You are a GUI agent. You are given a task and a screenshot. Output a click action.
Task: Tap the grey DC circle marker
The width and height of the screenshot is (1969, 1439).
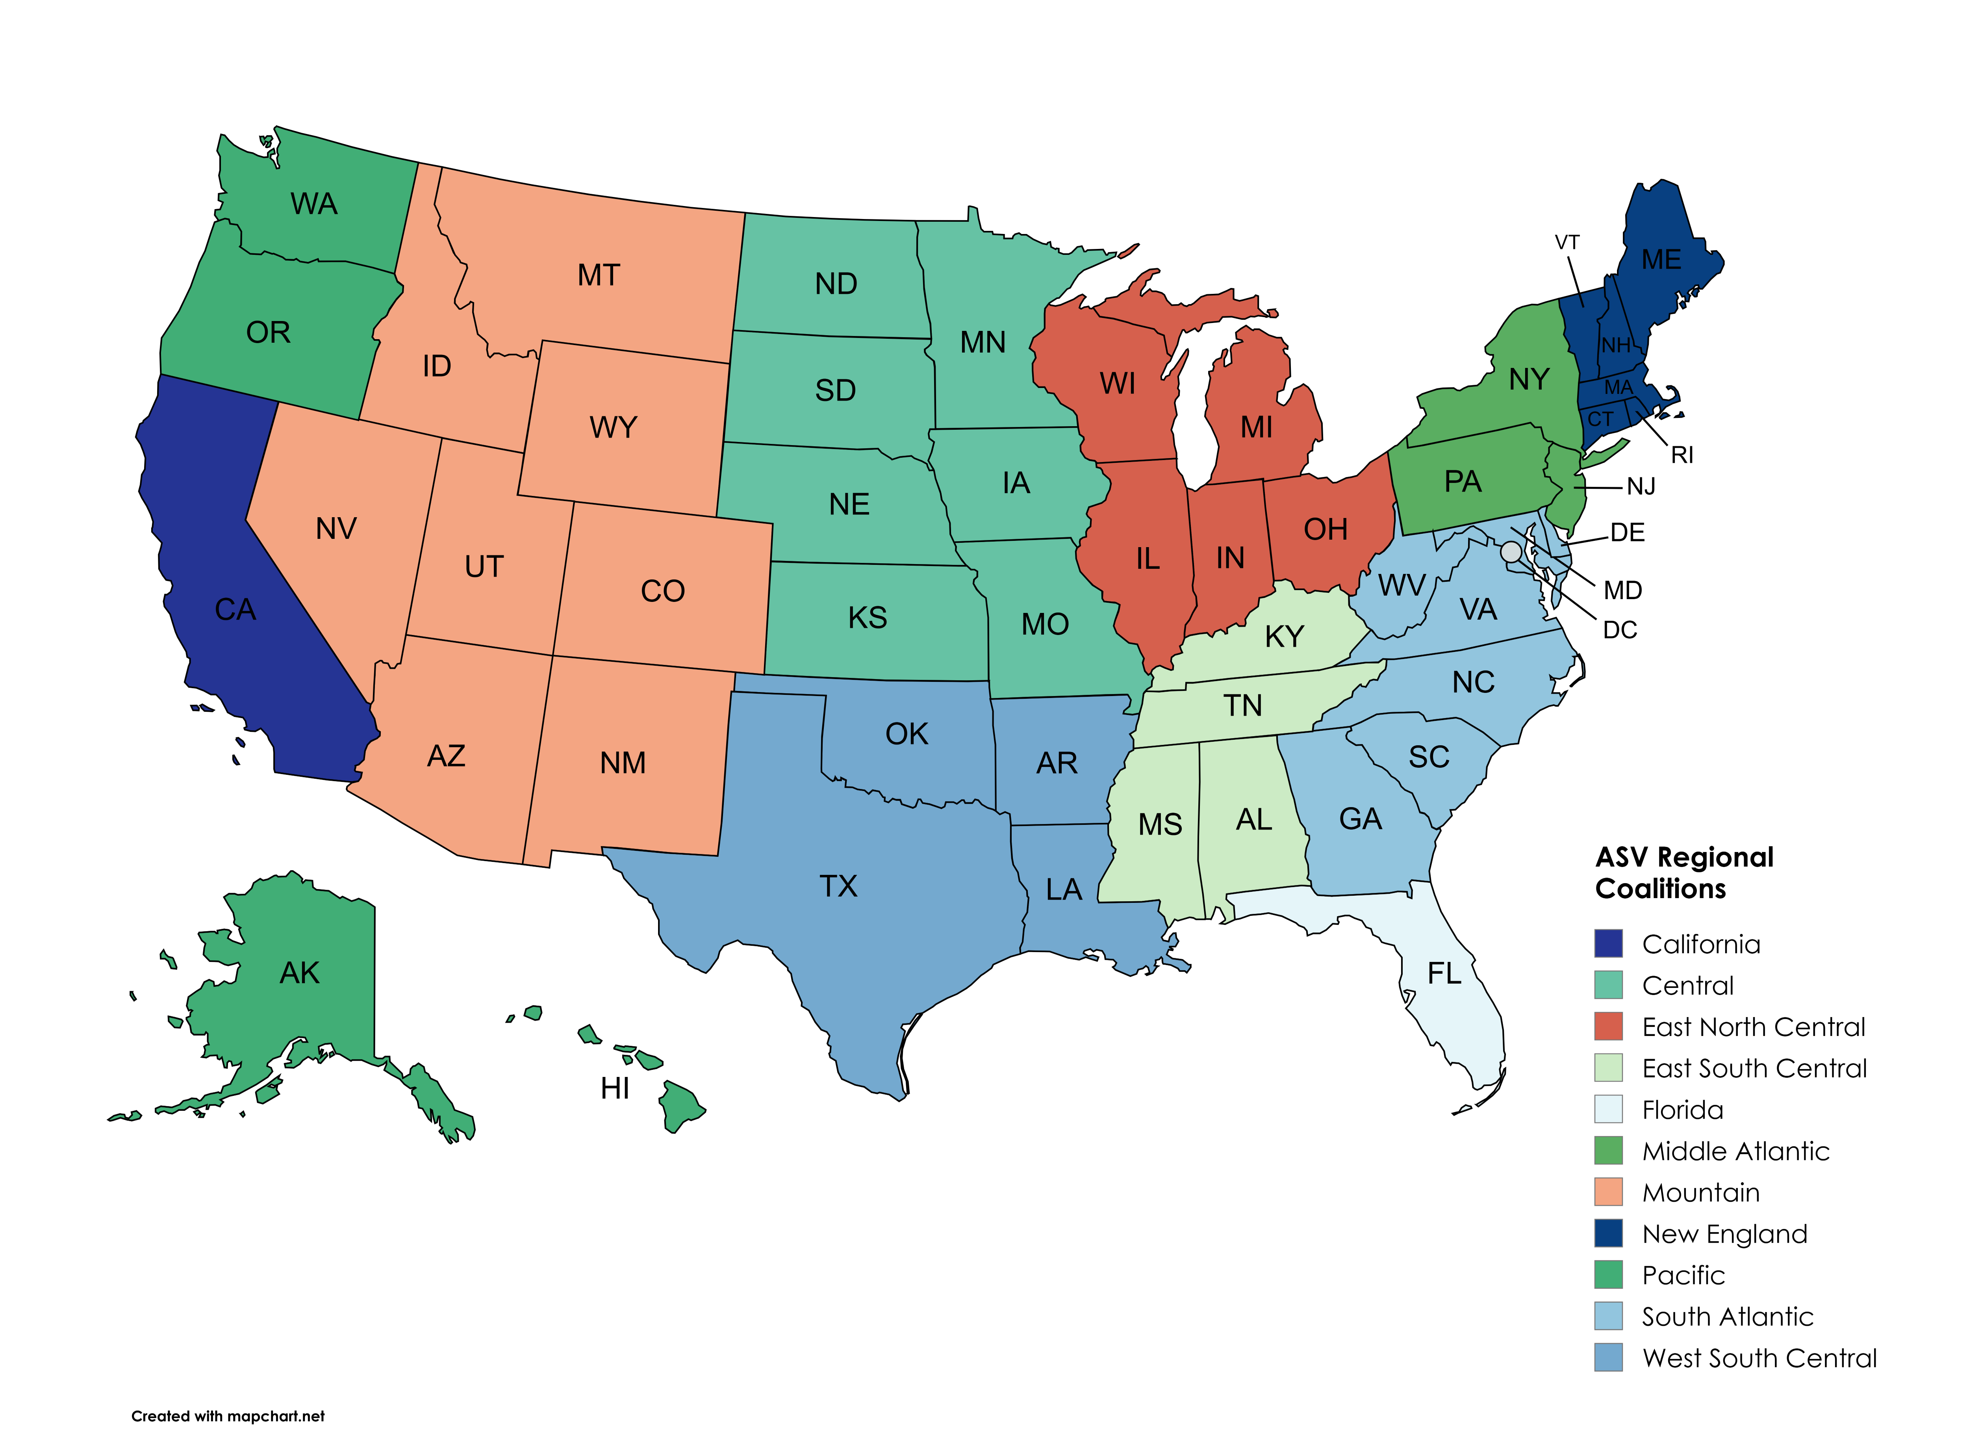click(1511, 551)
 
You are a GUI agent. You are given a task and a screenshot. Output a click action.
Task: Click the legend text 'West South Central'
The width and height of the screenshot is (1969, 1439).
click(1759, 1358)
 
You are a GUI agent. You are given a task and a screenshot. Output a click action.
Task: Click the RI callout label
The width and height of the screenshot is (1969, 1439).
click(1682, 455)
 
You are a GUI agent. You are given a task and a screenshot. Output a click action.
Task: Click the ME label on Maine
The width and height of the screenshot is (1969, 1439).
click(1661, 260)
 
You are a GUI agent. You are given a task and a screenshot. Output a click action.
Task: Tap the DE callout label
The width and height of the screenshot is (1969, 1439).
click(1627, 532)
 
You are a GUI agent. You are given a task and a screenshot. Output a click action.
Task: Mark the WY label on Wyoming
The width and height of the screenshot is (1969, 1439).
click(613, 428)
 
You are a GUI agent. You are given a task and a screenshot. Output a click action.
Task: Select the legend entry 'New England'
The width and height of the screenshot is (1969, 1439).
click(1724, 1233)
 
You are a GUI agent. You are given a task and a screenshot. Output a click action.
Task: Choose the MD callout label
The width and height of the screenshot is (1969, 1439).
click(1622, 590)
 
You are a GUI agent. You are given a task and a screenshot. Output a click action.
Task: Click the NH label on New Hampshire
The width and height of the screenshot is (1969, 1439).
click(1615, 346)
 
